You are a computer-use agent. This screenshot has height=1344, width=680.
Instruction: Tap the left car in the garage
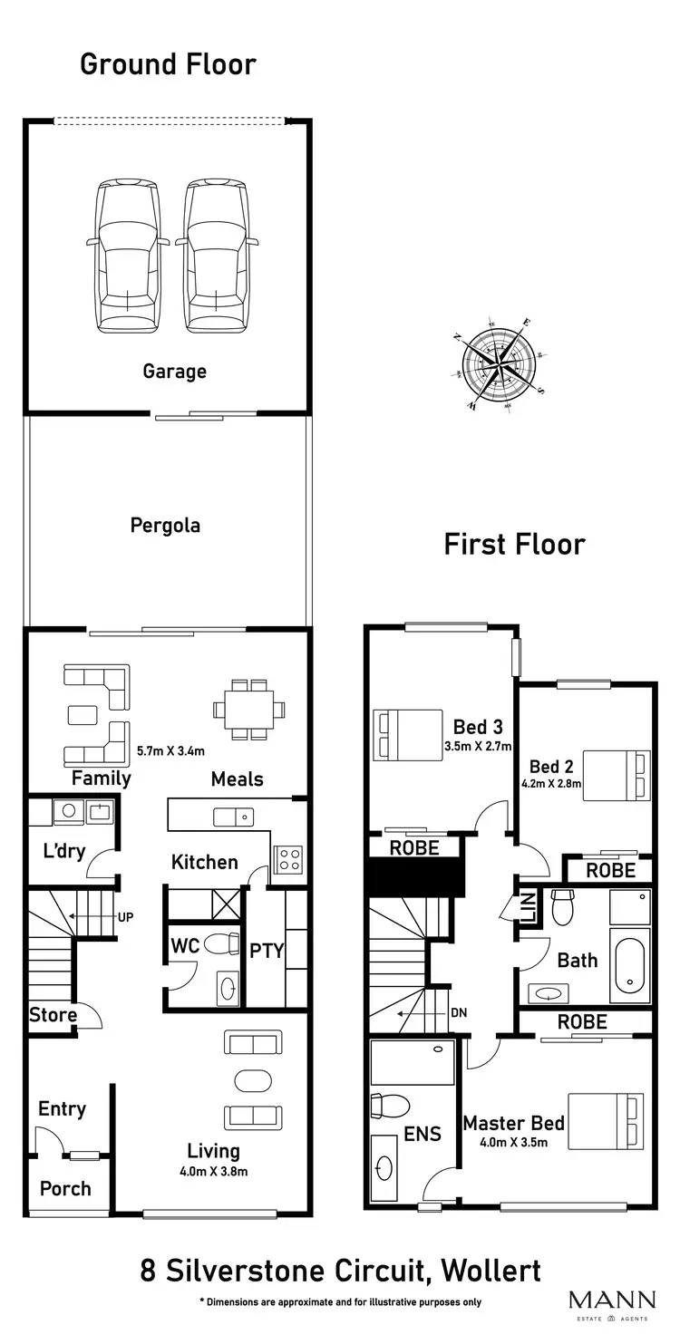[128, 256]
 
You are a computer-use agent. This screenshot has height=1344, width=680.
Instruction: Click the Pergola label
[165, 525]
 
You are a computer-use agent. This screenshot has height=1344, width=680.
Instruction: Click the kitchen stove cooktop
[288, 857]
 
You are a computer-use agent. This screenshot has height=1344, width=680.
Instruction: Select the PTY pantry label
[267, 951]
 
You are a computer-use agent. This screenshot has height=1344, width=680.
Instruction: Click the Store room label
[53, 1014]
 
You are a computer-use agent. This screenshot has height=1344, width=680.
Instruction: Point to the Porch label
[65, 1188]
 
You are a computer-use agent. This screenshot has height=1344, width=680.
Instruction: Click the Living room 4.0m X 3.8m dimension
[213, 1171]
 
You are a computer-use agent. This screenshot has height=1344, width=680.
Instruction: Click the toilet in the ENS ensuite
[391, 1107]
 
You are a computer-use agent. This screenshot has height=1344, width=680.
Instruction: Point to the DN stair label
[458, 1012]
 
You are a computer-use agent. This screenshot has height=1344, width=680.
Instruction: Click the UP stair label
[126, 916]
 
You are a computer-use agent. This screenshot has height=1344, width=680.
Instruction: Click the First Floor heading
[514, 544]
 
